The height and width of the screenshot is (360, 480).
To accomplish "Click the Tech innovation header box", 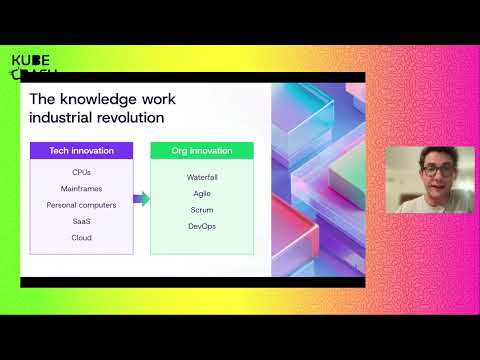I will tap(81, 151).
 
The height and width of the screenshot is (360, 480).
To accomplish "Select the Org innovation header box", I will tap(202, 151).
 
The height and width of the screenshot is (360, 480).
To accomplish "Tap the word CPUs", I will tap(81, 173).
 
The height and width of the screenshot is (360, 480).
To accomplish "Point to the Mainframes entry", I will tap(81, 188).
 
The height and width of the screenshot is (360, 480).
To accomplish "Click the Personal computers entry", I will tap(81, 205).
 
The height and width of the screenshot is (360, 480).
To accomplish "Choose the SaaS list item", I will tap(81, 221).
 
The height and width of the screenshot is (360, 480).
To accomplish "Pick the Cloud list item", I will tap(81, 237).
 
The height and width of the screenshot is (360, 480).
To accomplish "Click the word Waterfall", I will tap(202, 177).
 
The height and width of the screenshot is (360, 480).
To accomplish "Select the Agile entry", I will tap(202, 193).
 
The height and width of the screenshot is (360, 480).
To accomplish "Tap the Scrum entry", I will tap(202, 210).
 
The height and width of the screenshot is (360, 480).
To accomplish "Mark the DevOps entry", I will tap(202, 226).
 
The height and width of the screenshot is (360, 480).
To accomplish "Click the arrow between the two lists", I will tap(141, 199).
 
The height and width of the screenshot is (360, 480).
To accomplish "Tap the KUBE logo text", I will tap(31, 61).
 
